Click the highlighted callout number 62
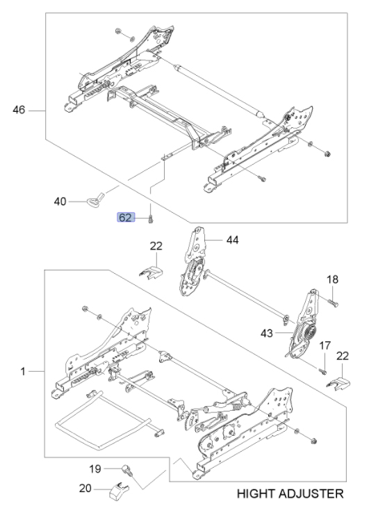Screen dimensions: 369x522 click(126, 218)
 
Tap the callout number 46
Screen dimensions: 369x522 click(19, 110)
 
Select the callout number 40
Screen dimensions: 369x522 click(60, 202)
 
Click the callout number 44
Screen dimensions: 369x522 click(233, 240)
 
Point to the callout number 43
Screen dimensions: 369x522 click(267, 333)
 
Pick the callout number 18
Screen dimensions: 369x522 click(332, 279)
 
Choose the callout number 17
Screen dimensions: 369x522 click(325, 345)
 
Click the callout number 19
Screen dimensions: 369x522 click(95, 468)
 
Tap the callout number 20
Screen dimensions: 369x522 click(85, 489)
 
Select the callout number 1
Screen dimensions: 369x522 click(23, 371)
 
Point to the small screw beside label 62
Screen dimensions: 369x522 click(150, 219)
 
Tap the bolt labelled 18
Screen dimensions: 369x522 click(334, 303)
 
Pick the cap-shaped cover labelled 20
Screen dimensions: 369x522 click(119, 490)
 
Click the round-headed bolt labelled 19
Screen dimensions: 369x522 click(127, 470)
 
